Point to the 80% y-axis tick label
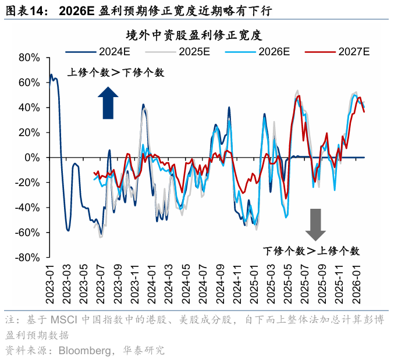pos(29,58)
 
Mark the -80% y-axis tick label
pos(27,258)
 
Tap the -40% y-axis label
pos(27,208)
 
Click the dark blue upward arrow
pos(108,102)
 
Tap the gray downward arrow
pos(316,224)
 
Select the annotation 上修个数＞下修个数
pos(116,73)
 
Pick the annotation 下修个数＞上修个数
pos(311,251)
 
